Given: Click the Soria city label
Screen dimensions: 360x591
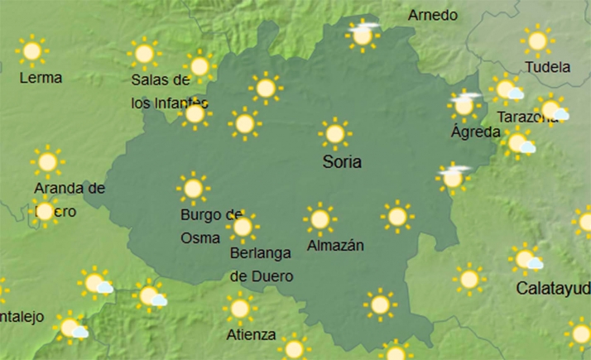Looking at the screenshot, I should click(342, 162).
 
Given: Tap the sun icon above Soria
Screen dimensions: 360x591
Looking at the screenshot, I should click(334, 133).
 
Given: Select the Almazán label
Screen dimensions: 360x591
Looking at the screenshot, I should click(335, 246).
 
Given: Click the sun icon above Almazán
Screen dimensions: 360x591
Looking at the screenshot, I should click(320, 219).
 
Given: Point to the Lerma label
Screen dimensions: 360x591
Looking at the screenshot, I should click(41, 78).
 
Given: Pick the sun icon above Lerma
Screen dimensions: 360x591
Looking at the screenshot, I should click(32, 51).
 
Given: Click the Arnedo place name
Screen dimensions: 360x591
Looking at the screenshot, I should click(433, 16).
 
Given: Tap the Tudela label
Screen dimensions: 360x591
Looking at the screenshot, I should click(548, 67).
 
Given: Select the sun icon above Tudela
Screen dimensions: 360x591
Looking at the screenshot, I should click(537, 41).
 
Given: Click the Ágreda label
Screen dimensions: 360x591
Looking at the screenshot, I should click(475, 132).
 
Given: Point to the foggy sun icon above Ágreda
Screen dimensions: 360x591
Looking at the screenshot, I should click(464, 106).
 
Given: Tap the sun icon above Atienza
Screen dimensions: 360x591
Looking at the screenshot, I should click(240, 309).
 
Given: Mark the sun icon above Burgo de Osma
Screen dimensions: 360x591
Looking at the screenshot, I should click(193, 189).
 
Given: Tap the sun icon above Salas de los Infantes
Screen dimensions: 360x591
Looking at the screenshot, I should click(144, 55).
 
